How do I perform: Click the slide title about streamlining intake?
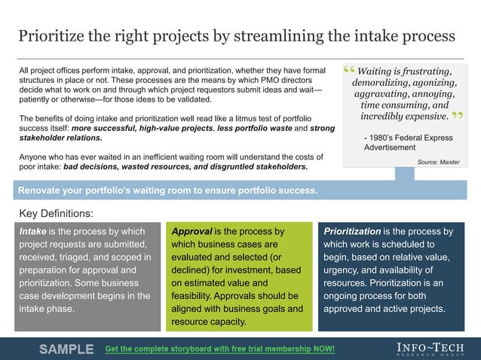point(236,35)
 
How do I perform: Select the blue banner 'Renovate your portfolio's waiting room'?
point(167,190)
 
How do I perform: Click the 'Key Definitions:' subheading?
point(56,213)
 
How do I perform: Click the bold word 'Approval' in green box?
point(191,232)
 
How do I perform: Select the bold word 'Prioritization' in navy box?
point(352,232)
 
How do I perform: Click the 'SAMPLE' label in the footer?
point(66,349)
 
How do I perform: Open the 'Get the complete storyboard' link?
point(219,349)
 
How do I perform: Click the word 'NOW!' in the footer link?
point(321,349)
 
